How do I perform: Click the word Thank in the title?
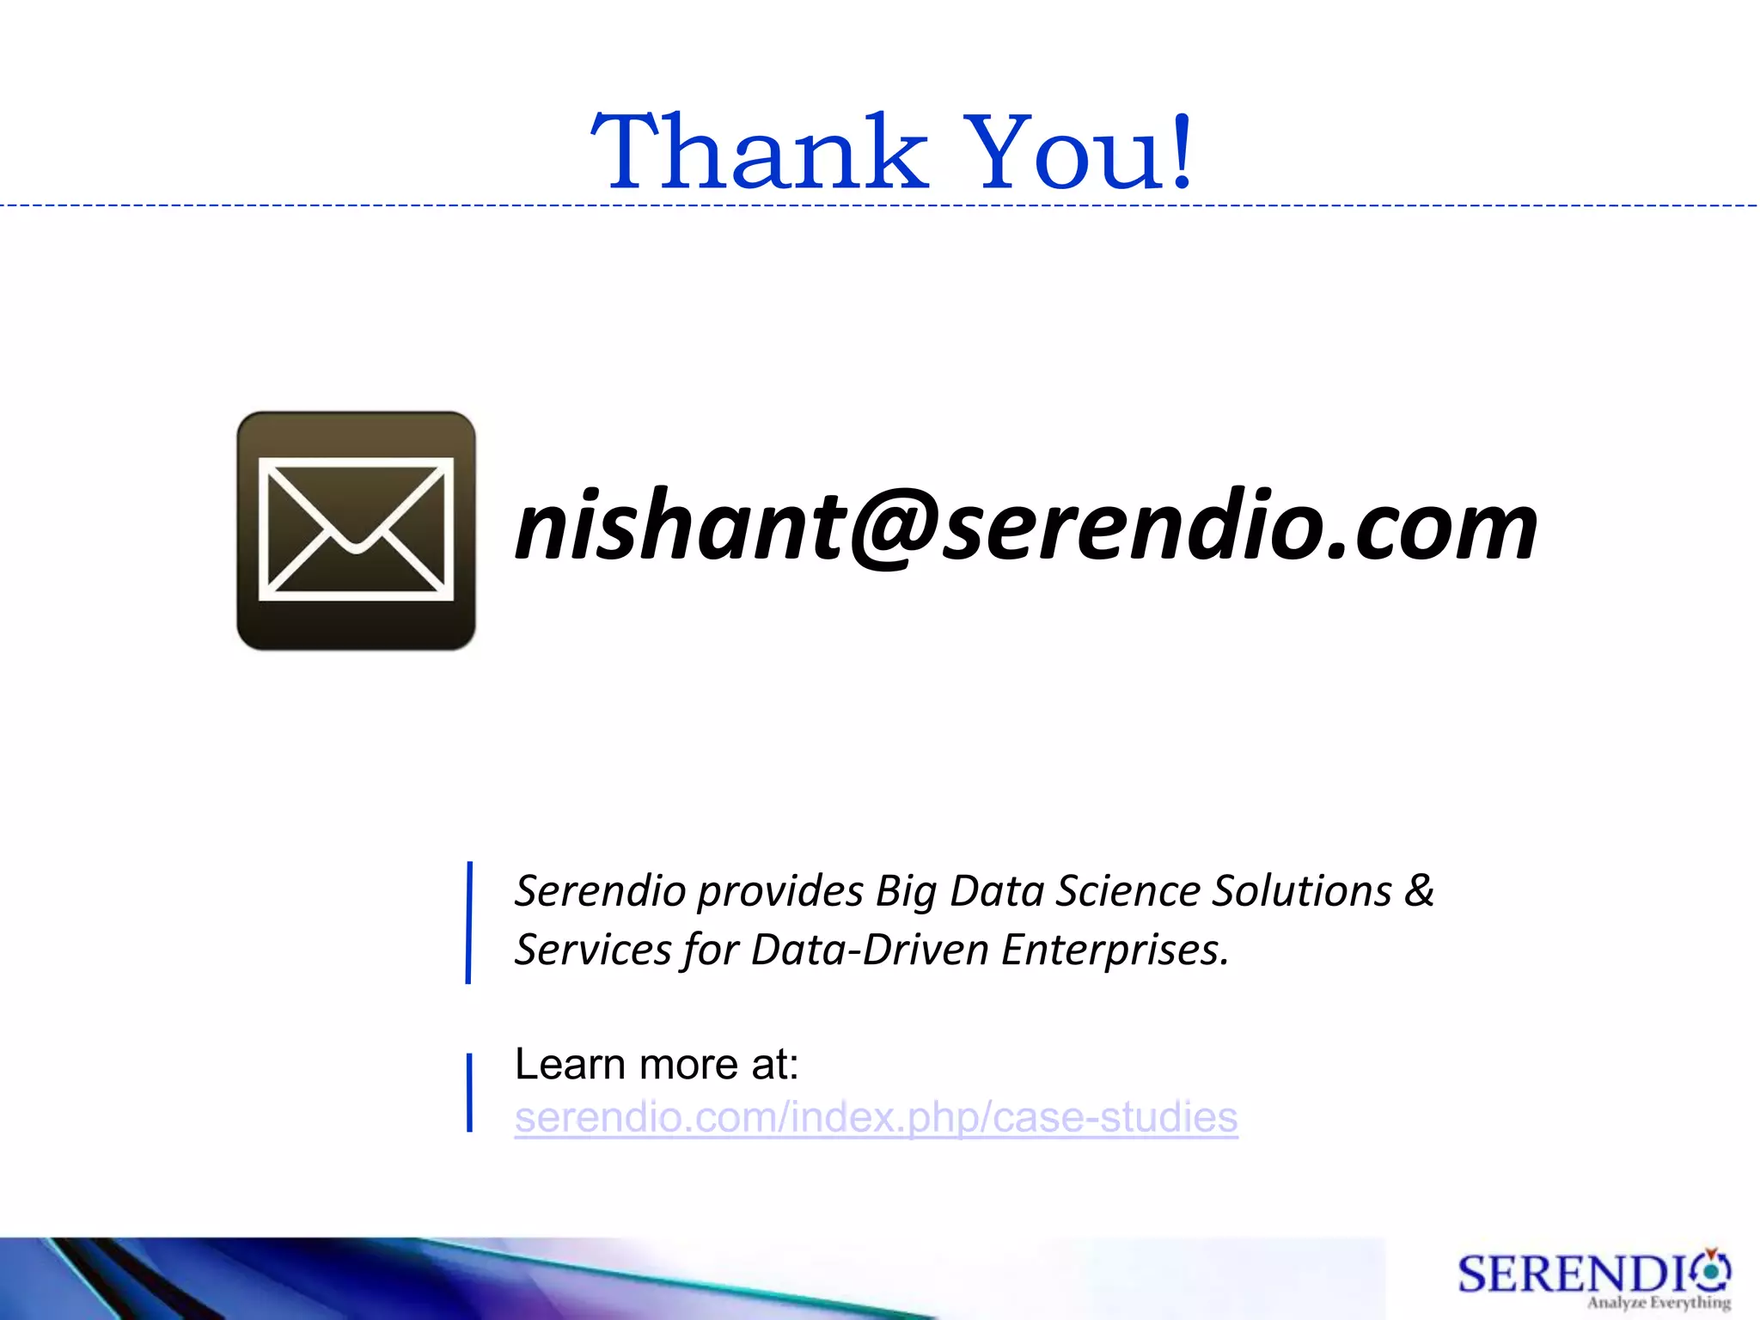[760, 153]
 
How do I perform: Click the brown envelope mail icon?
[356, 530]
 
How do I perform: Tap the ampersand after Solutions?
[1420, 890]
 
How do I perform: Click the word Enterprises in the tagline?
[1115, 950]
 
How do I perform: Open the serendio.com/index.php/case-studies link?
[876, 1117]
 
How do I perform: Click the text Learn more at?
[657, 1064]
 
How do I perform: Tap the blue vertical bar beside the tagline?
[469, 922]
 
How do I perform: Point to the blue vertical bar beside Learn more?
[469, 1092]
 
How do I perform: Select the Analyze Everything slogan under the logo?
[1659, 1303]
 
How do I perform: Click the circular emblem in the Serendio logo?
[1712, 1270]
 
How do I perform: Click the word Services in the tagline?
[592, 950]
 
